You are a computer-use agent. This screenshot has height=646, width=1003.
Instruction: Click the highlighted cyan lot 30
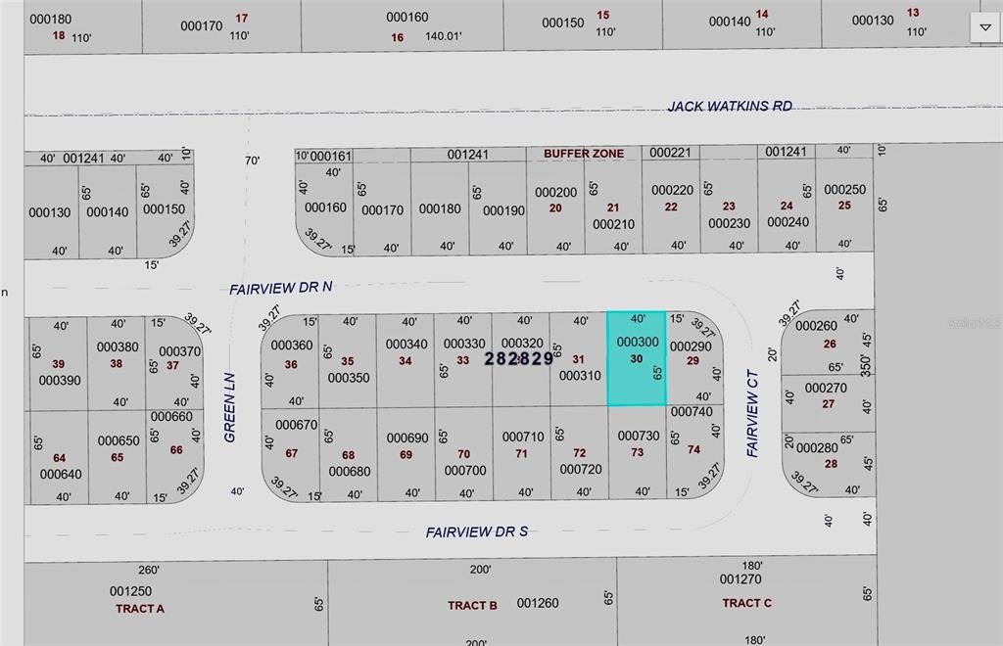pos(637,359)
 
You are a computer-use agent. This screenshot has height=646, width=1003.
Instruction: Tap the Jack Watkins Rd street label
pos(730,106)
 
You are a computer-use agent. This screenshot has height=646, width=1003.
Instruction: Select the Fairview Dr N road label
pos(281,289)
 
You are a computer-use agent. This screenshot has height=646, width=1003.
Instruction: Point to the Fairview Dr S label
pos(477,531)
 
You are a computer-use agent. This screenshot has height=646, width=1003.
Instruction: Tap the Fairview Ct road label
pos(752,412)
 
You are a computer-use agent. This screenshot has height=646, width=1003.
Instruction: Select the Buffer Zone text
pos(584,154)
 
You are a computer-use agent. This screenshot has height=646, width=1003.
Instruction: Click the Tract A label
pos(140,608)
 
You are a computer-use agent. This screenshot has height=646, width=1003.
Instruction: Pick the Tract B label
pos(472,605)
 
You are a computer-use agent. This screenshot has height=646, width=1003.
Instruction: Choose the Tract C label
pos(747,603)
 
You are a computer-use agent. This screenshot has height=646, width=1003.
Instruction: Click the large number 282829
pos(519,359)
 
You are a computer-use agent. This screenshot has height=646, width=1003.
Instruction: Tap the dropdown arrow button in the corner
pos(985,27)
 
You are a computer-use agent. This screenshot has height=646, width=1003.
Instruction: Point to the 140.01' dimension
pos(443,36)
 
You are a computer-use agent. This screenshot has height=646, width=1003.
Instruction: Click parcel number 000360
pos(291,346)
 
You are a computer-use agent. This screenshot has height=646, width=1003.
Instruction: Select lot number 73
pos(638,452)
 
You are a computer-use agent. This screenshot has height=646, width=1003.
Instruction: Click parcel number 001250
pos(130,591)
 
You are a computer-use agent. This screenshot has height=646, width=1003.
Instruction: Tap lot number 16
pos(397,37)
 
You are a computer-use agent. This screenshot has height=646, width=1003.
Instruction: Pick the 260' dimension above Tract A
pos(148,570)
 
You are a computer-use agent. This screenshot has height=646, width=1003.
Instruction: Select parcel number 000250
pos(844,190)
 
